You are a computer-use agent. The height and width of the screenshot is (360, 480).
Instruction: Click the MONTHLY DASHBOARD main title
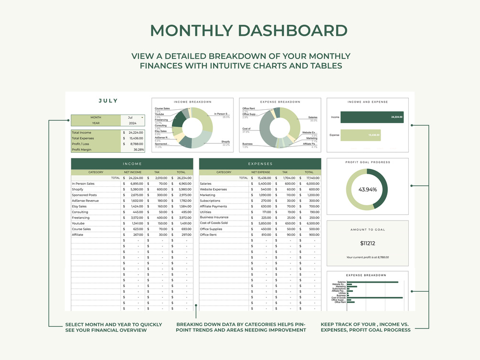point(249,31)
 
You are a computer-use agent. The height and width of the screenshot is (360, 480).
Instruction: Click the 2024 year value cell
point(132,123)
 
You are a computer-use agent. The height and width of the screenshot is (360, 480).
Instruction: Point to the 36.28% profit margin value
point(139,149)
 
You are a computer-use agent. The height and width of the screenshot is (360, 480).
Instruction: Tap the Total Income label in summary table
point(82,133)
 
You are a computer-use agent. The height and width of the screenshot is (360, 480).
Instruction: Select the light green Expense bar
point(362,135)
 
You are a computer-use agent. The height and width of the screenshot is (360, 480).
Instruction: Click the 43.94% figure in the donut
point(367,190)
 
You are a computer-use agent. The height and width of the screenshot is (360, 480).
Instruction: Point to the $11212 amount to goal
point(367,244)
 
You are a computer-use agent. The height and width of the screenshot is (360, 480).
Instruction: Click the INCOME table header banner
point(132,164)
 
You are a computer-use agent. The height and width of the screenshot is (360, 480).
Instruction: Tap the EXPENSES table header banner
point(260,164)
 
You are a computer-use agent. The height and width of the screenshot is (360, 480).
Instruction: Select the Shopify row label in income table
point(78,190)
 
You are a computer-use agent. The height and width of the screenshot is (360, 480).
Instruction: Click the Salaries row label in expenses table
point(205,184)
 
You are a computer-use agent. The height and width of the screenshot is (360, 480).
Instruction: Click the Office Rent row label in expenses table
point(208,235)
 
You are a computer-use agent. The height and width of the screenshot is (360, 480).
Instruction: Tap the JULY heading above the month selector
point(108,101)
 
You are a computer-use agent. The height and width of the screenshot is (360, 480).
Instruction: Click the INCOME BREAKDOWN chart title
point(192,102)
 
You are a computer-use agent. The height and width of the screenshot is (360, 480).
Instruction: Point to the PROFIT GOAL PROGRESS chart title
point(367,162)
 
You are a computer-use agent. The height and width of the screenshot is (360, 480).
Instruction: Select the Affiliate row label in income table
point(77,235)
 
